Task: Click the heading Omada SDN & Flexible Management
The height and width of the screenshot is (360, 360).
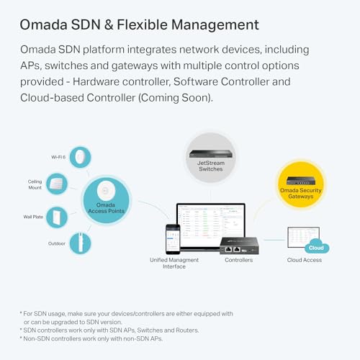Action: click(x=139, y=25)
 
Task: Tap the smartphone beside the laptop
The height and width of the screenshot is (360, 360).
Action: click(x=173, y=239)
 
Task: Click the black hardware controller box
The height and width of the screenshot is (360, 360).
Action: click(x=240, y=244)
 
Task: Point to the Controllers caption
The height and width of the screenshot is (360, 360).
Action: click(x=238, y=260)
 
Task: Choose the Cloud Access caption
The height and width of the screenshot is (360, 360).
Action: click(x=305, y=260)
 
